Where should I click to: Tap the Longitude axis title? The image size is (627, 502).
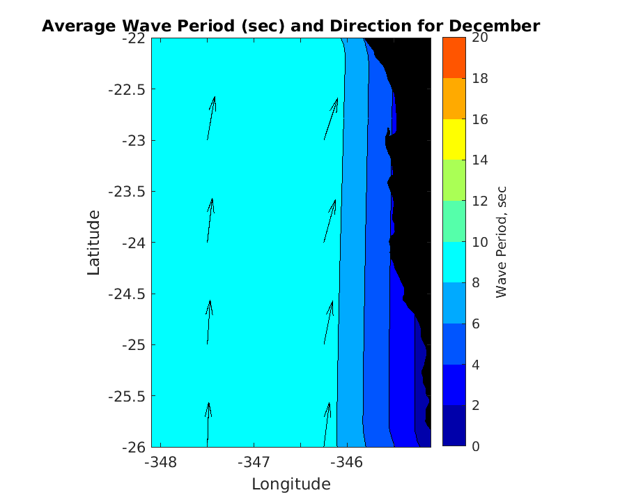pos(291,484)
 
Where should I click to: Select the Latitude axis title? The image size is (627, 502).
pos(94,243)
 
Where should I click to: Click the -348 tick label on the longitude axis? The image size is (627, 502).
pos(161,462)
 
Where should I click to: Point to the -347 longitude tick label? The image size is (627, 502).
pos(254,462)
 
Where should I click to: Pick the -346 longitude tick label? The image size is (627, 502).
pos(346,462)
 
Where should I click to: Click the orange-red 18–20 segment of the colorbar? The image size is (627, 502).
pos(454,58)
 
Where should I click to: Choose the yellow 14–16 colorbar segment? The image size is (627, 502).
pos(454,139)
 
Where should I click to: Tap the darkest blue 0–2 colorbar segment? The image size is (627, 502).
pos(454,425)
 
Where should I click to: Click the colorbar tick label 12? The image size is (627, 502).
pos(479,201)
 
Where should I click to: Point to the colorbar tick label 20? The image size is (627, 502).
pos(479,38)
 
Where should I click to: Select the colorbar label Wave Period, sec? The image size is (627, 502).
pos(502,242)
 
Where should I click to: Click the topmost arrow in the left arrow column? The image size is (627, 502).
pos(211,118)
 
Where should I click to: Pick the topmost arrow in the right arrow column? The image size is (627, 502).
pos(331,119)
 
